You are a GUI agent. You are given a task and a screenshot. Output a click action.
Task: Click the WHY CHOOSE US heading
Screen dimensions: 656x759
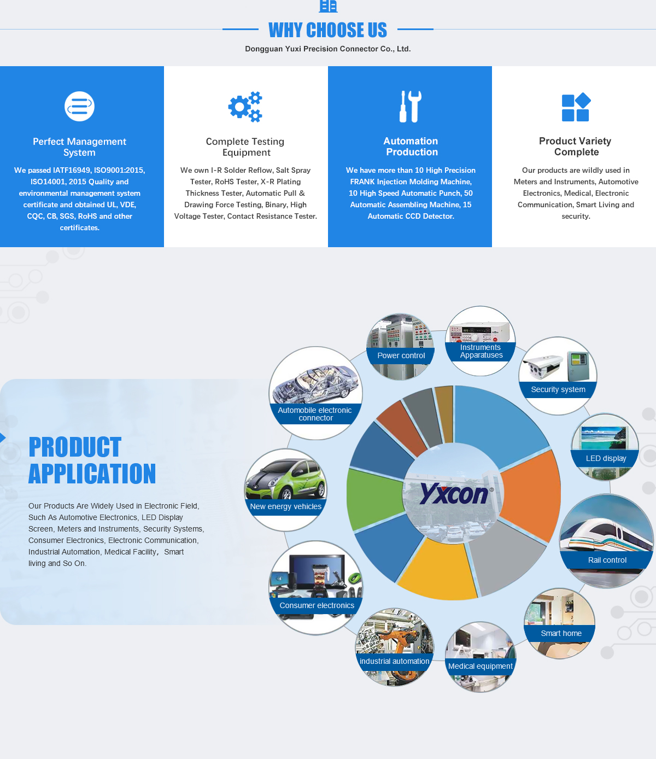(327, 30)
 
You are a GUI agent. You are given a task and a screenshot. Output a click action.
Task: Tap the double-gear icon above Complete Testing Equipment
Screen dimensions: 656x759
(245, 107)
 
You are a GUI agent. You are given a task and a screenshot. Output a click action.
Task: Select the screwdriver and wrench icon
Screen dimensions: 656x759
(411, 107)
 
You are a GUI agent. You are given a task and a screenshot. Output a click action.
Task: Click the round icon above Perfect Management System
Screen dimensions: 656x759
(80, 107)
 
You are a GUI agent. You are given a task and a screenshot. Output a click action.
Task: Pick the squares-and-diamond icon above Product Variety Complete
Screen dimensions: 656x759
(576, 107)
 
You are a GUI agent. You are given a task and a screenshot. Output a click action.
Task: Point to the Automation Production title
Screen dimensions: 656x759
(411, 147)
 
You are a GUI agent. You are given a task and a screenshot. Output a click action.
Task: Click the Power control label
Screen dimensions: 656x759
(401, 355)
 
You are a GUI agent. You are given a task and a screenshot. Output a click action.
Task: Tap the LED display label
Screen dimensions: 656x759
(606, 458)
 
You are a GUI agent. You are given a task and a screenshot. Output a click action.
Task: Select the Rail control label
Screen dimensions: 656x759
(607, 560)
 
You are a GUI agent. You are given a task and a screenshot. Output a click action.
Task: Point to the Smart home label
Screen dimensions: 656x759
(561, 633)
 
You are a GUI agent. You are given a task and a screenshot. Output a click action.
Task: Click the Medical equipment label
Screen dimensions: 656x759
(480, 666)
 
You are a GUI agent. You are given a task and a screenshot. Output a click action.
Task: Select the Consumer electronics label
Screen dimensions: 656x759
(317, 605)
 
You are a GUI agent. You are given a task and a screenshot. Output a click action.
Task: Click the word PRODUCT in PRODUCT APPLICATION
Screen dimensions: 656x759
(75, 447)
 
